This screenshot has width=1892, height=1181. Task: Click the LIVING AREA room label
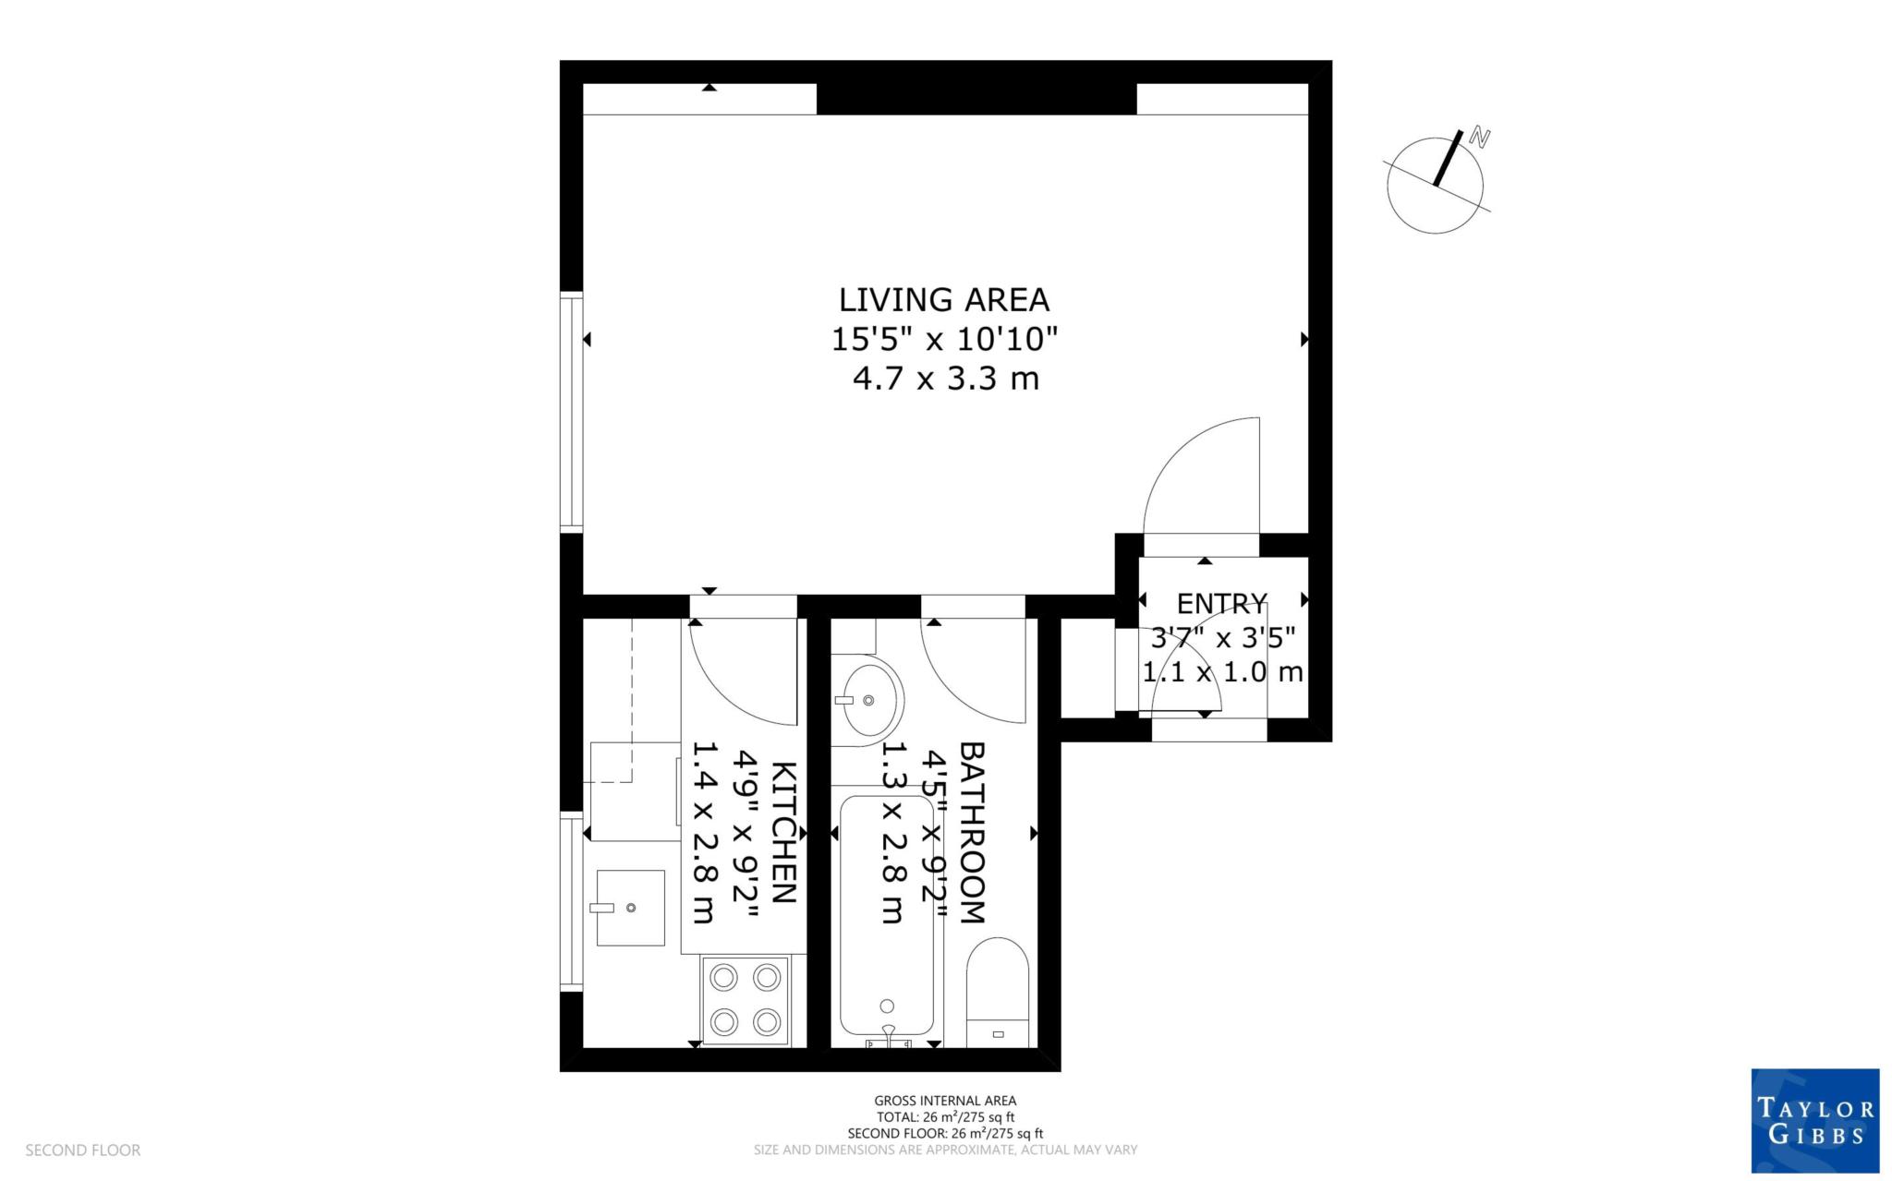point(943,300)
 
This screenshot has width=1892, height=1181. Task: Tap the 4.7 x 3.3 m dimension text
point(945,379)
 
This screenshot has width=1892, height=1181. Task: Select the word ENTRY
point(1221,604)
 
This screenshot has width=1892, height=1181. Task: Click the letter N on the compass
point(1480,139)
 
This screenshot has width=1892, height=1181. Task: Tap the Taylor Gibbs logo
point(1814,1120)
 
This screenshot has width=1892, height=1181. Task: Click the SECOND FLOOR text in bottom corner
point(83,1151)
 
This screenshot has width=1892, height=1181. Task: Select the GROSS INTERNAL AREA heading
point(945,1101)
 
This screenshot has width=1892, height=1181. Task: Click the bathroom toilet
point(997,993)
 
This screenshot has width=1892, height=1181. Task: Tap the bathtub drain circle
point(887,1006)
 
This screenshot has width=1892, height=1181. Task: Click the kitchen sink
point(630,908)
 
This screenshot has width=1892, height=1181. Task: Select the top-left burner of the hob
point(724,976)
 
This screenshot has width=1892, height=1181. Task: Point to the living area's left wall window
point(573,411)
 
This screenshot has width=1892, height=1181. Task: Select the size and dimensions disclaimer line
point(945,1151)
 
